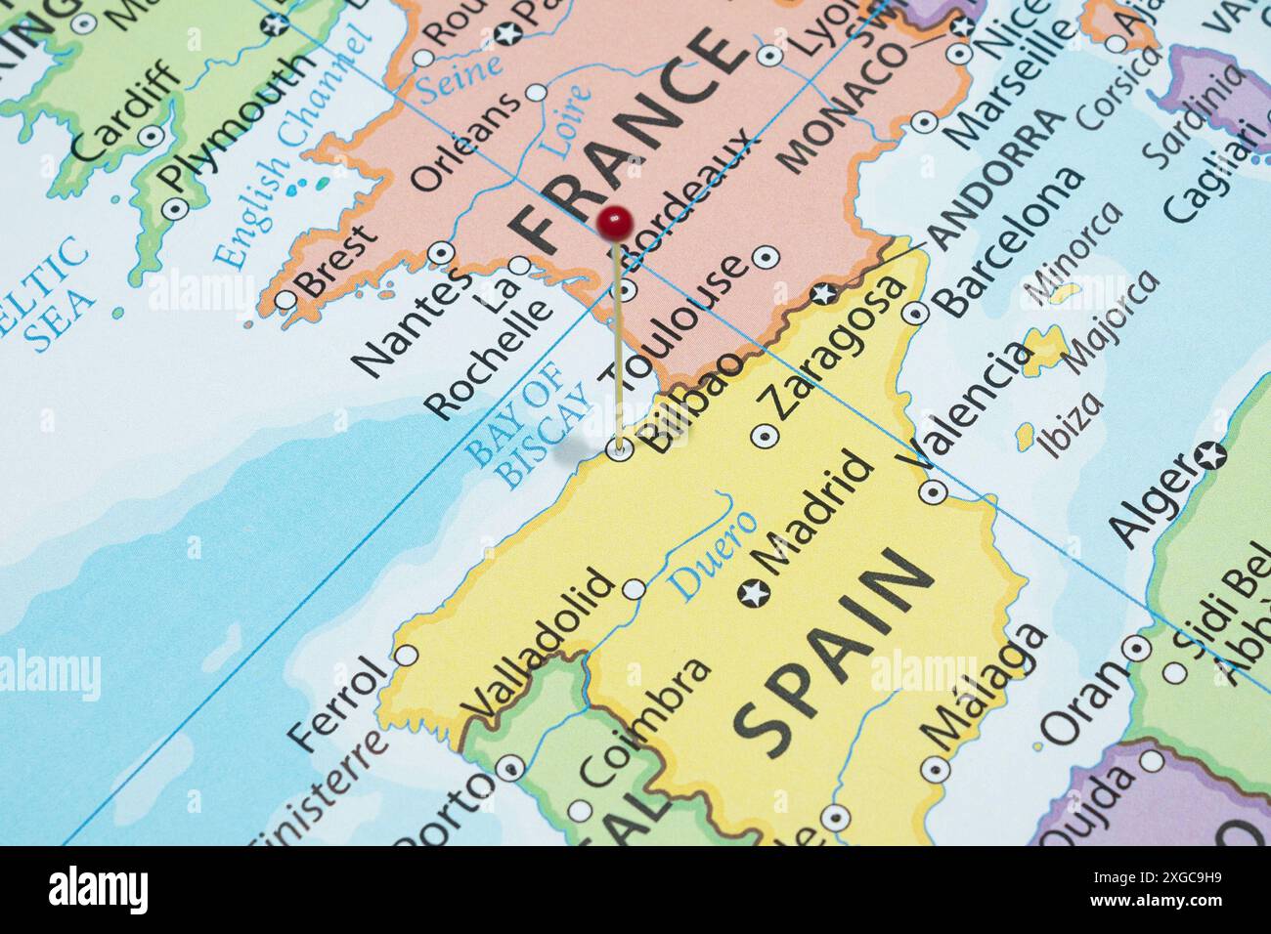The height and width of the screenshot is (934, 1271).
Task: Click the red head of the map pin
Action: pos(614,223)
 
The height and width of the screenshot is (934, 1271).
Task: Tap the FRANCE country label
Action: pos(626,137)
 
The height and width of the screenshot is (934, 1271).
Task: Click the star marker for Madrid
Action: pos(754,592)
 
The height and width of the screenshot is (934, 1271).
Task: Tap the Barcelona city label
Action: pos(1011,239)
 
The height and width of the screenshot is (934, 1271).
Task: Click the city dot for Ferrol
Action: pos(407,655)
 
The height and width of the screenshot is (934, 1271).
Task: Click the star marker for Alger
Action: pos(1211,454)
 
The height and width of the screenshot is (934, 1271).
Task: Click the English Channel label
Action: pos(293,147)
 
